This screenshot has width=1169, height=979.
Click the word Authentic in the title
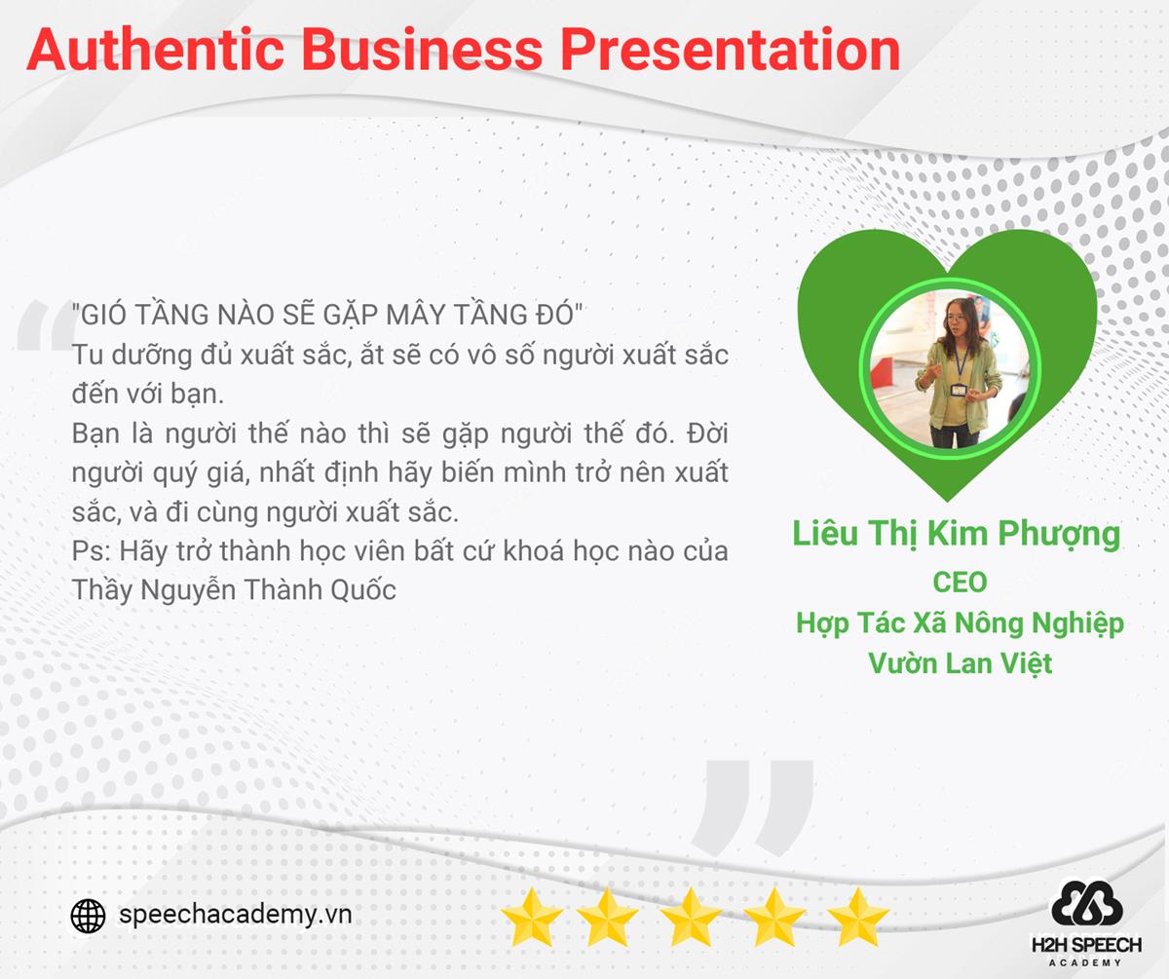tap(155, 50)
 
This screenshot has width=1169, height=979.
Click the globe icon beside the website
tap(88, 916)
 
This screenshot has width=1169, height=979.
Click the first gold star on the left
tap(531, 917)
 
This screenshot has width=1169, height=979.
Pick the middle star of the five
tap(691, 917)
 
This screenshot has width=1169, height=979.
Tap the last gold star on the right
tap(857, 917)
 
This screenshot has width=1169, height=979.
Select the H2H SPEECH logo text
tap(1087, 945)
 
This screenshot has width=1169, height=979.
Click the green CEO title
tap(960, 583)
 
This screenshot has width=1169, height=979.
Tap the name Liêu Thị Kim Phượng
tap(957, 534)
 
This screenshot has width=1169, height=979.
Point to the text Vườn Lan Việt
tap(960, 663)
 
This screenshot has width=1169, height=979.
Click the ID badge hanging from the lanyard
tap(959, 391)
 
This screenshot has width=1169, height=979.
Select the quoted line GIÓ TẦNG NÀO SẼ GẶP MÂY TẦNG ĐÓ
tap(327, 315)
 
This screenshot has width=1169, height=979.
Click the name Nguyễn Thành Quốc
tap(268, 590)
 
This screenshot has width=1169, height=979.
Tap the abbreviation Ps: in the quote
tap(92, 551)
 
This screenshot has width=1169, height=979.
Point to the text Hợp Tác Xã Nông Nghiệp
tap(960, 624)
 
